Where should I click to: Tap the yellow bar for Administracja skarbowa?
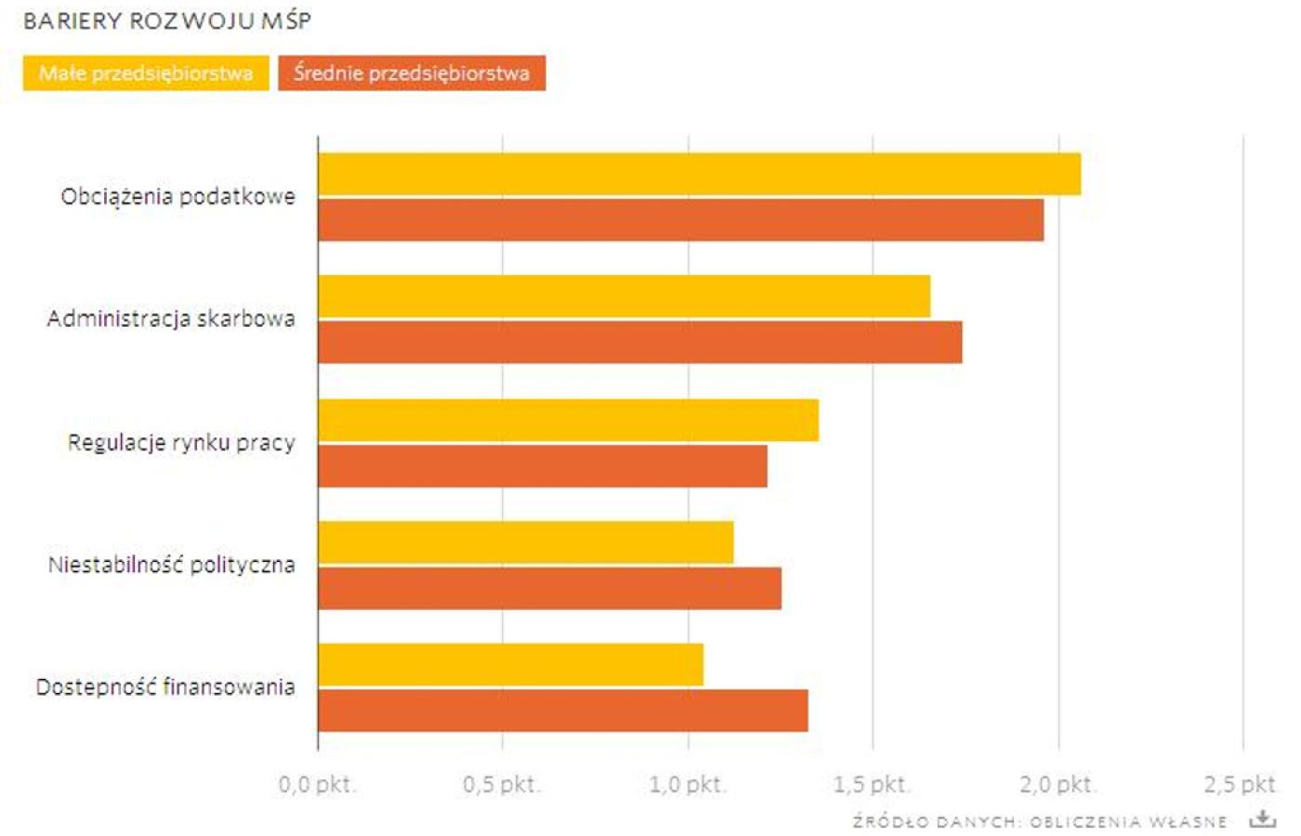[x=624, y=297]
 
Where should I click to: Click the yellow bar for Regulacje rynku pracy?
[x=568, y=421]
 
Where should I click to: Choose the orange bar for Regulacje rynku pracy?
[x=542, y=466]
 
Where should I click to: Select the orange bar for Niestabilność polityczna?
[x=549, y=589]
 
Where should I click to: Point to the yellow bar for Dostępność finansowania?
[x=510, y=665]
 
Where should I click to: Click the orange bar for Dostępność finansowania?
[x=562, y=711]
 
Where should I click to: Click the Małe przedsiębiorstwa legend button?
[x=146, y=73]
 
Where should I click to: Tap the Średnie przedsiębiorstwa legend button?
[x=412, y=73]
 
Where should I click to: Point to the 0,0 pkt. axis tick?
[x=317, y=785]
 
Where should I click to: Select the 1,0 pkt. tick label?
[x=688, y=785]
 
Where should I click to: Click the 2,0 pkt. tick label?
[x=1058, y=785]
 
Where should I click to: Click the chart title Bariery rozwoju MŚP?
[x=167, y=20]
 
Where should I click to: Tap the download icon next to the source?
[x=1262, y=819]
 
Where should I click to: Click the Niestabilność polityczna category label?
[x=172, y=565]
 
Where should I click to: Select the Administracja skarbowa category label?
[x=171, y=319]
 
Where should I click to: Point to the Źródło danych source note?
[x=1040, y=822]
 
